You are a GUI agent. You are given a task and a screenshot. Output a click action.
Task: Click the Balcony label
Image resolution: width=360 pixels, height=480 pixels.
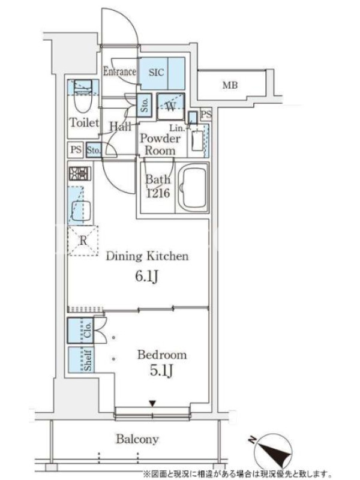(137, 439)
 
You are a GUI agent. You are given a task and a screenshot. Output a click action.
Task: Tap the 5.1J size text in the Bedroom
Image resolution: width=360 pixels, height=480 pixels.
(161, 370)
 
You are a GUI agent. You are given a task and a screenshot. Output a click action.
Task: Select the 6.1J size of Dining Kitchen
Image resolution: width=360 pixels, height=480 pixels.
(147, 276)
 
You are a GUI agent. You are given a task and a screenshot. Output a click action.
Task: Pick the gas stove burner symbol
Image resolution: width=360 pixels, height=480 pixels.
(80, 174)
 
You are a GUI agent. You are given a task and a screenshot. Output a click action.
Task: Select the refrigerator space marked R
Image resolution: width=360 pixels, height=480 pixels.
(83, 241)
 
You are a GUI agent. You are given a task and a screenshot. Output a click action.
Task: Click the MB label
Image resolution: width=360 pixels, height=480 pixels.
(230, 85)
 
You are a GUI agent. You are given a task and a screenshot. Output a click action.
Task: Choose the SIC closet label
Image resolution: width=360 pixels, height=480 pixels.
(157, 73)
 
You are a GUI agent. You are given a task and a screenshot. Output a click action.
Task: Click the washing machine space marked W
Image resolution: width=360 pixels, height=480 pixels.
(170, 107)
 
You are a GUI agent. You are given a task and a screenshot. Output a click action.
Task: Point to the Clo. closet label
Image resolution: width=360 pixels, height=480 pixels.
(88, 331)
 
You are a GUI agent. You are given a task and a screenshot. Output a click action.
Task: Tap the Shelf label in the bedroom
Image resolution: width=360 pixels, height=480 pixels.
(88, 359)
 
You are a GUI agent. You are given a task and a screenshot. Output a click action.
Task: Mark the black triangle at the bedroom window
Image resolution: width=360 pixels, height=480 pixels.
(152, 404)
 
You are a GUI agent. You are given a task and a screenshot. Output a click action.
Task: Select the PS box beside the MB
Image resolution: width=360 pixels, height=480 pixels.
(206, 115)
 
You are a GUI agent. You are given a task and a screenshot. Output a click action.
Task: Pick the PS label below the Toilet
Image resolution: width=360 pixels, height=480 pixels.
(76, 149)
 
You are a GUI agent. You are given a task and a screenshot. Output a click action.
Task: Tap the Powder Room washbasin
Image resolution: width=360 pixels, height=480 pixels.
(197, 141)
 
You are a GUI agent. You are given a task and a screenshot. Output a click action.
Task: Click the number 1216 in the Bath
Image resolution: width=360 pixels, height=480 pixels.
(158, 193)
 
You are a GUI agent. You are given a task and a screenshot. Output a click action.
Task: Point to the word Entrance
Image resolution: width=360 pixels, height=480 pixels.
(119, 71)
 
